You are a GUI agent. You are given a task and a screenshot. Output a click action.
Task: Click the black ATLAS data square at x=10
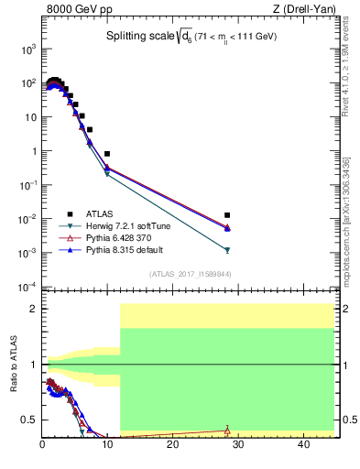click(x=107, y=154)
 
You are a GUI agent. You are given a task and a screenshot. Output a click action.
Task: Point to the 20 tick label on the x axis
click(x=172, y=446)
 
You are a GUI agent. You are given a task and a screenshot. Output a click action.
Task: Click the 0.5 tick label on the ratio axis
click(x=30, y=420)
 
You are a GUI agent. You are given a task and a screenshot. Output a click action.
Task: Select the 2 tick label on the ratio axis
click(x=34, y=309)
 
